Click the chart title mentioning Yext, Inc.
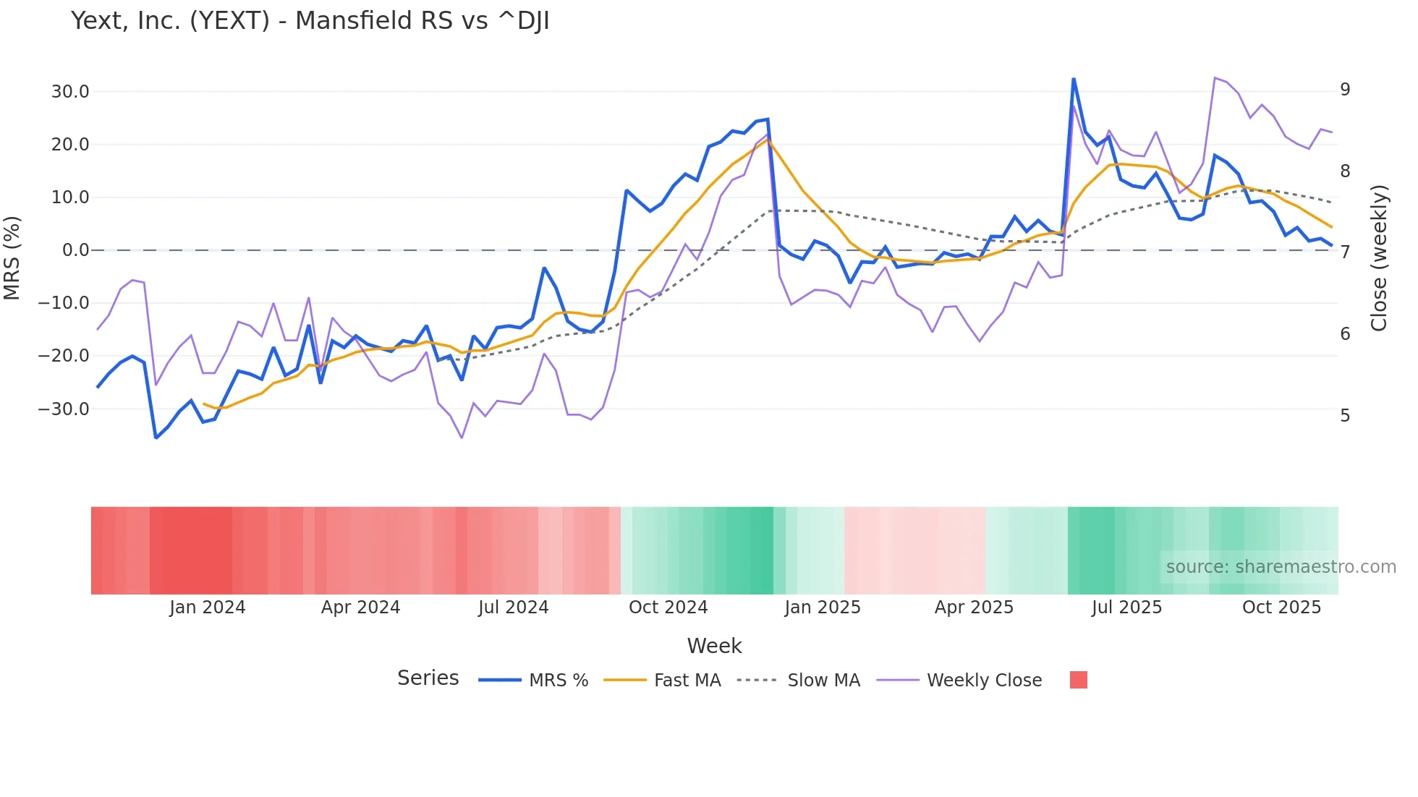[310, 21]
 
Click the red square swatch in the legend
[1078, 680]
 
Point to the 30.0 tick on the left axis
[70, 92]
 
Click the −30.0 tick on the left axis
[64, 409]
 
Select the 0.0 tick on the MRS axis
[75, 250]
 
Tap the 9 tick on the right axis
[1345, 90]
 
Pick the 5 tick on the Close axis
[1345, 416]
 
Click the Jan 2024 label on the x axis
[208, 608]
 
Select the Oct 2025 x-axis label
[1281, 608]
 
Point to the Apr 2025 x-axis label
[974, 608]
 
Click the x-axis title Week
[714, 646]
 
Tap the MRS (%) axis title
[12, 257]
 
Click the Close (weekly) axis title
[1379, 258]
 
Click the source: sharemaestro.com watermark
[1281, 567]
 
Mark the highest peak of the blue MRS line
[1074, 79]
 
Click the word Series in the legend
[428, 678]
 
